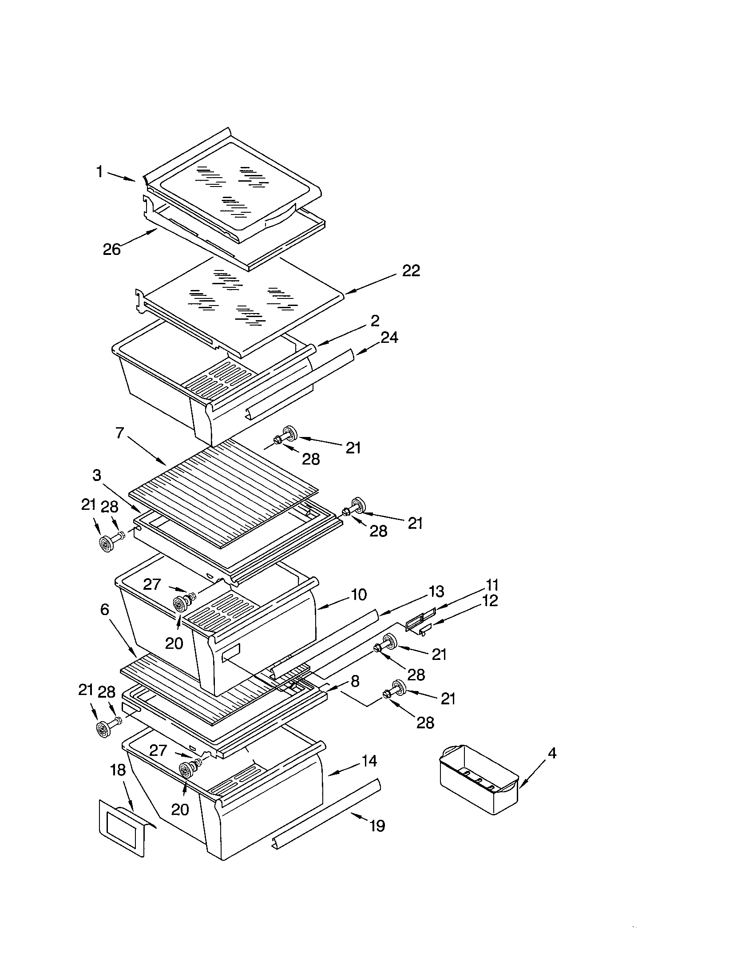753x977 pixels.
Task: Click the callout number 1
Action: pos(100,171)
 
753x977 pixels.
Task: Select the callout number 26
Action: pos(112,249)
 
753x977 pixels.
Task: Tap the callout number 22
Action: pos(411,270)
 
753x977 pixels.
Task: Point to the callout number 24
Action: pos(389,338)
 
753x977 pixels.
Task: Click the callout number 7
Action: pos(119,433)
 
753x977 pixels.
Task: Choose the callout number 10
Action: pos(359,595)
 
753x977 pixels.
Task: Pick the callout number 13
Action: pos(436,592)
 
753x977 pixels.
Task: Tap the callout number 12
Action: pos(490,601)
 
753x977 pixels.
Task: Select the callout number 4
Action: pos(552,753)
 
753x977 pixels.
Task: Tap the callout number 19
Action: pos(377,826)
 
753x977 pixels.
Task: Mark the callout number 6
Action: pos(105,609)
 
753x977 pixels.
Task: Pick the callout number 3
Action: pos(97,475)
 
